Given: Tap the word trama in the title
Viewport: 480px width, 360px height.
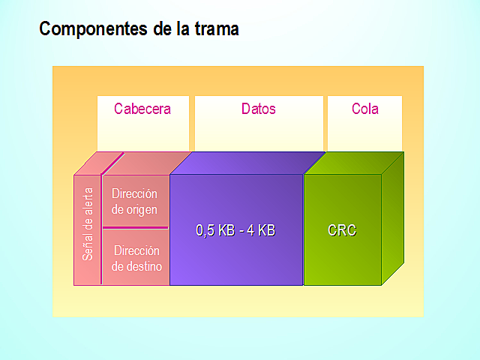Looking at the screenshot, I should coord(215,29).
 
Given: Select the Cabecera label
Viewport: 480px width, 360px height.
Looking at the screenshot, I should coord(142,109).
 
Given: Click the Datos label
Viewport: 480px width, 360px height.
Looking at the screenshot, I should coord(259,109).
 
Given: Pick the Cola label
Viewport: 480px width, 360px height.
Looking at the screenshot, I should coord(365,109).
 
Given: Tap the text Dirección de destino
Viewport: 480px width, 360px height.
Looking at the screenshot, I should coord(136,257).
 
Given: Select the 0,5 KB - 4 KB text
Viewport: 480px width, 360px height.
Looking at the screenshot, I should coord(235,231).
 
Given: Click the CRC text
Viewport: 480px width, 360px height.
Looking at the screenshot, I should coord(342,231).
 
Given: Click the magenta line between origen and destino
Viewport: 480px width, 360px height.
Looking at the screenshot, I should coord(135,226).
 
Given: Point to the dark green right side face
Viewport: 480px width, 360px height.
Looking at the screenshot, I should coord(392,217).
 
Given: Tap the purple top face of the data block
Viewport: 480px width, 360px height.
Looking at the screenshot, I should coord(247,163).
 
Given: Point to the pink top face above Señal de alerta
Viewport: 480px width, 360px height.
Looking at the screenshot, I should coord(98,163).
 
